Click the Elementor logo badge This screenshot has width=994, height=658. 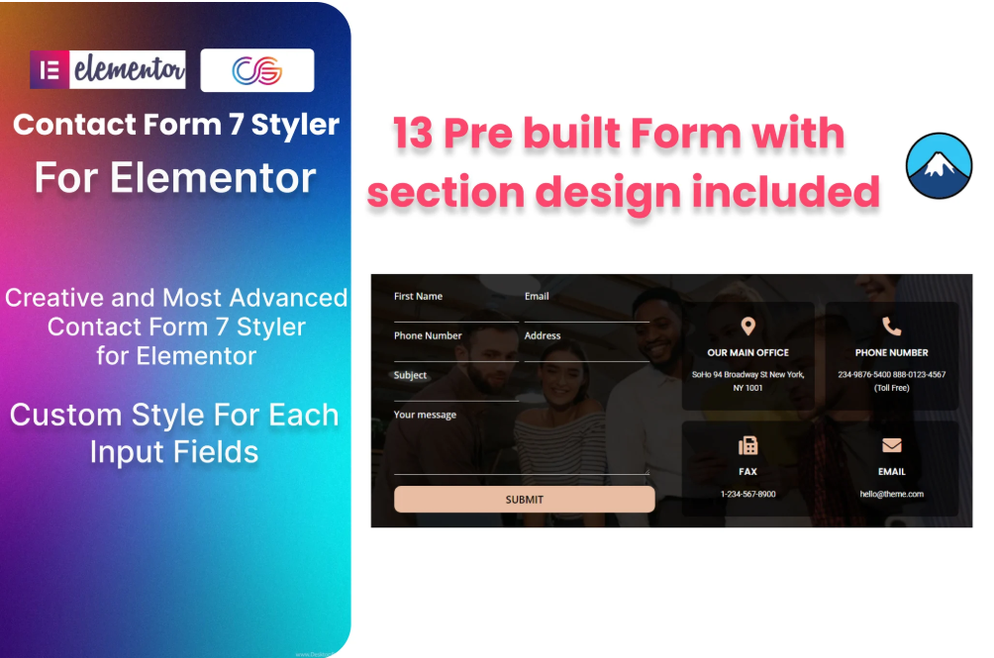108,69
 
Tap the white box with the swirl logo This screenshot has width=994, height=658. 257,70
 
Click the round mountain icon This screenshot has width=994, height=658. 939,165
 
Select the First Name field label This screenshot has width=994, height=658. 419,296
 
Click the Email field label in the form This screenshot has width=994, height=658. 537,296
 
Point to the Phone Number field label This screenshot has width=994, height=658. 428,335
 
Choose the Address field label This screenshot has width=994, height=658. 543,335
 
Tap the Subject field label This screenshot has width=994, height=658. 410,375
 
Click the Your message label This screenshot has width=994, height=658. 425,415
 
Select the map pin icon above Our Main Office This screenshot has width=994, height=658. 748,327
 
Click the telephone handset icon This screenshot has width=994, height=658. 892,327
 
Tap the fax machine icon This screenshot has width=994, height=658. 748,446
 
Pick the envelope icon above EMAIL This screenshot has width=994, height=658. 892,445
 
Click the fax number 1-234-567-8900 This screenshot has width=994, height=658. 748,494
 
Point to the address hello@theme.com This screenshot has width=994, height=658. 892,494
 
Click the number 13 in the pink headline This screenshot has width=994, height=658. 413,134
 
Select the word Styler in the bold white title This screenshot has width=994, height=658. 295,125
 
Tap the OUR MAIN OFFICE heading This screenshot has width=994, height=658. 748,353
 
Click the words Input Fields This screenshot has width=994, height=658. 174,452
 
